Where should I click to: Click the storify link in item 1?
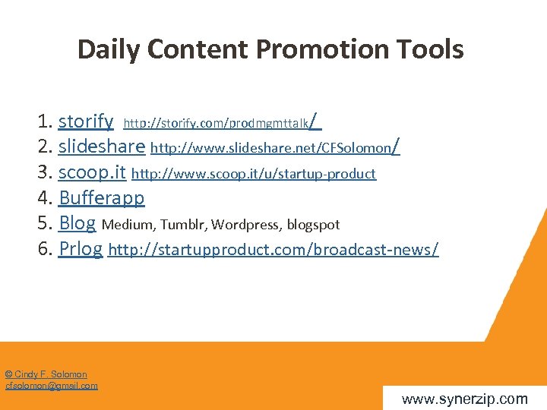coord(86,121)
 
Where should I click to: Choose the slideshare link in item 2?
coord(101,147)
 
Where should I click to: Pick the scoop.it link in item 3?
coord(92,172)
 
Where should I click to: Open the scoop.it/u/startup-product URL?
coord(254,174)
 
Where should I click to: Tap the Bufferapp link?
coord(101,198)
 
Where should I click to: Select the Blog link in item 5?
coord(77,223)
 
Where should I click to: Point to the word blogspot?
coord(313,225)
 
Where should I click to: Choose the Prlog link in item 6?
coord(80,249)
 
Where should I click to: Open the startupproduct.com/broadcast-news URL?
coord(273,250)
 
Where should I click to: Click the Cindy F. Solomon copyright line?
coord(46,374)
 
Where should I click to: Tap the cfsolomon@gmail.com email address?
coord(52,386)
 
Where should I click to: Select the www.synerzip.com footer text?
coord(464,399)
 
